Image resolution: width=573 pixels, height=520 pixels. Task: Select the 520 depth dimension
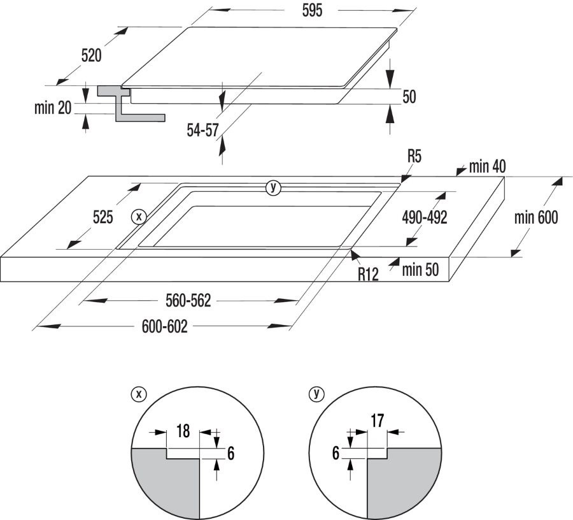click(91, 56)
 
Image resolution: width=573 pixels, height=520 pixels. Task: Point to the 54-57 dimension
click(202, 130)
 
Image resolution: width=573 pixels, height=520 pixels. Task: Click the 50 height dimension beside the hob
click(409, 97)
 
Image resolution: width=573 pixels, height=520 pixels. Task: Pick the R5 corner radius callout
click(415, 155)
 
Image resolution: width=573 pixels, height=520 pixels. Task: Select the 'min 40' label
click(487, 167)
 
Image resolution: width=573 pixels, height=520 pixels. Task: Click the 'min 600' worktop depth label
click(536, 218)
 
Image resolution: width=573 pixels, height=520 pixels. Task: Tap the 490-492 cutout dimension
click(424, 217)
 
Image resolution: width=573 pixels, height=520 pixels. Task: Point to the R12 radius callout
click(368, 274)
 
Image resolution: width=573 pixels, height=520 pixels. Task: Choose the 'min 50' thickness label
click(420, 270)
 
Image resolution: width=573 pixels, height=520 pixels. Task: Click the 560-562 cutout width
click(188, 301)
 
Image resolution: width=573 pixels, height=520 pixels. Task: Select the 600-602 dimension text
click(164, 327)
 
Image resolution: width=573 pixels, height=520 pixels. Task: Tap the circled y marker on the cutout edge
click(273, 187)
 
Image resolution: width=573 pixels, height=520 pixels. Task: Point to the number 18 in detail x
click(182, 431)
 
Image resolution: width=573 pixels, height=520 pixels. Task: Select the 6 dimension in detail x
click(231, 454)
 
